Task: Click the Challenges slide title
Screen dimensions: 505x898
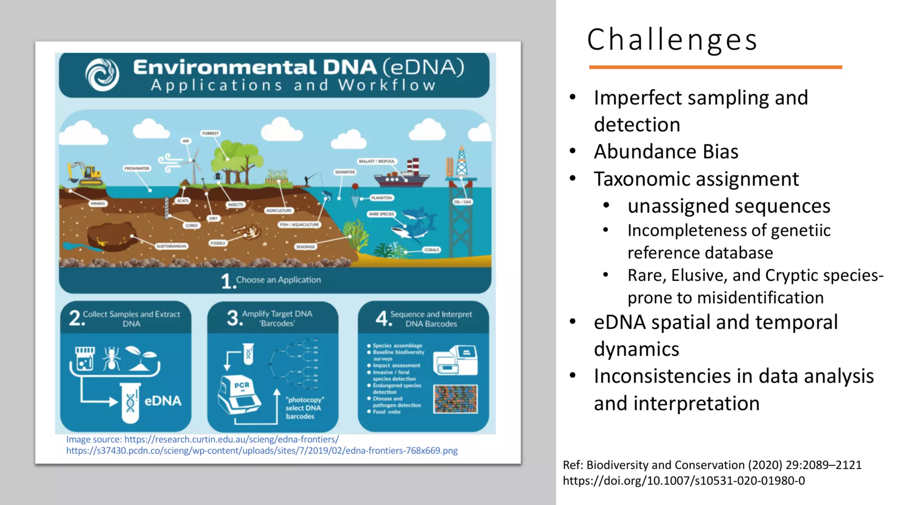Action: [672, 40]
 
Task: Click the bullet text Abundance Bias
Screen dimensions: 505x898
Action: [666, 152]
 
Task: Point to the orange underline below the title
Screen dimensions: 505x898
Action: [715, 67]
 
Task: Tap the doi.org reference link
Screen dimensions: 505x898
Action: [684, 481]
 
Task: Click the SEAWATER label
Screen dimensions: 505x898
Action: [345, 172]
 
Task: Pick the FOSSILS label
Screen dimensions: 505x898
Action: [217, 243]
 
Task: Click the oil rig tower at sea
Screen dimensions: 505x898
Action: [461, 167]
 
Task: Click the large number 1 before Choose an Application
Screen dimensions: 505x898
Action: [227, 281]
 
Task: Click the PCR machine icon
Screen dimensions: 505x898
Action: [239, 394]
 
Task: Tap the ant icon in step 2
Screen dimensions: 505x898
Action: [111, 358]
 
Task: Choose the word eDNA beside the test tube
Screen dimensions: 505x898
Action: [163, 401]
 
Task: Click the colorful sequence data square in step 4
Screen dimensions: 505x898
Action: [455, 399]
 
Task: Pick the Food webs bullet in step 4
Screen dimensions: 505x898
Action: [386, 412]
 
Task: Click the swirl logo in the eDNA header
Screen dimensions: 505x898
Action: [102, 75]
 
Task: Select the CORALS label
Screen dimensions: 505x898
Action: [431, 249]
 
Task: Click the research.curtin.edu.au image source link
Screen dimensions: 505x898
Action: [231, 439]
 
